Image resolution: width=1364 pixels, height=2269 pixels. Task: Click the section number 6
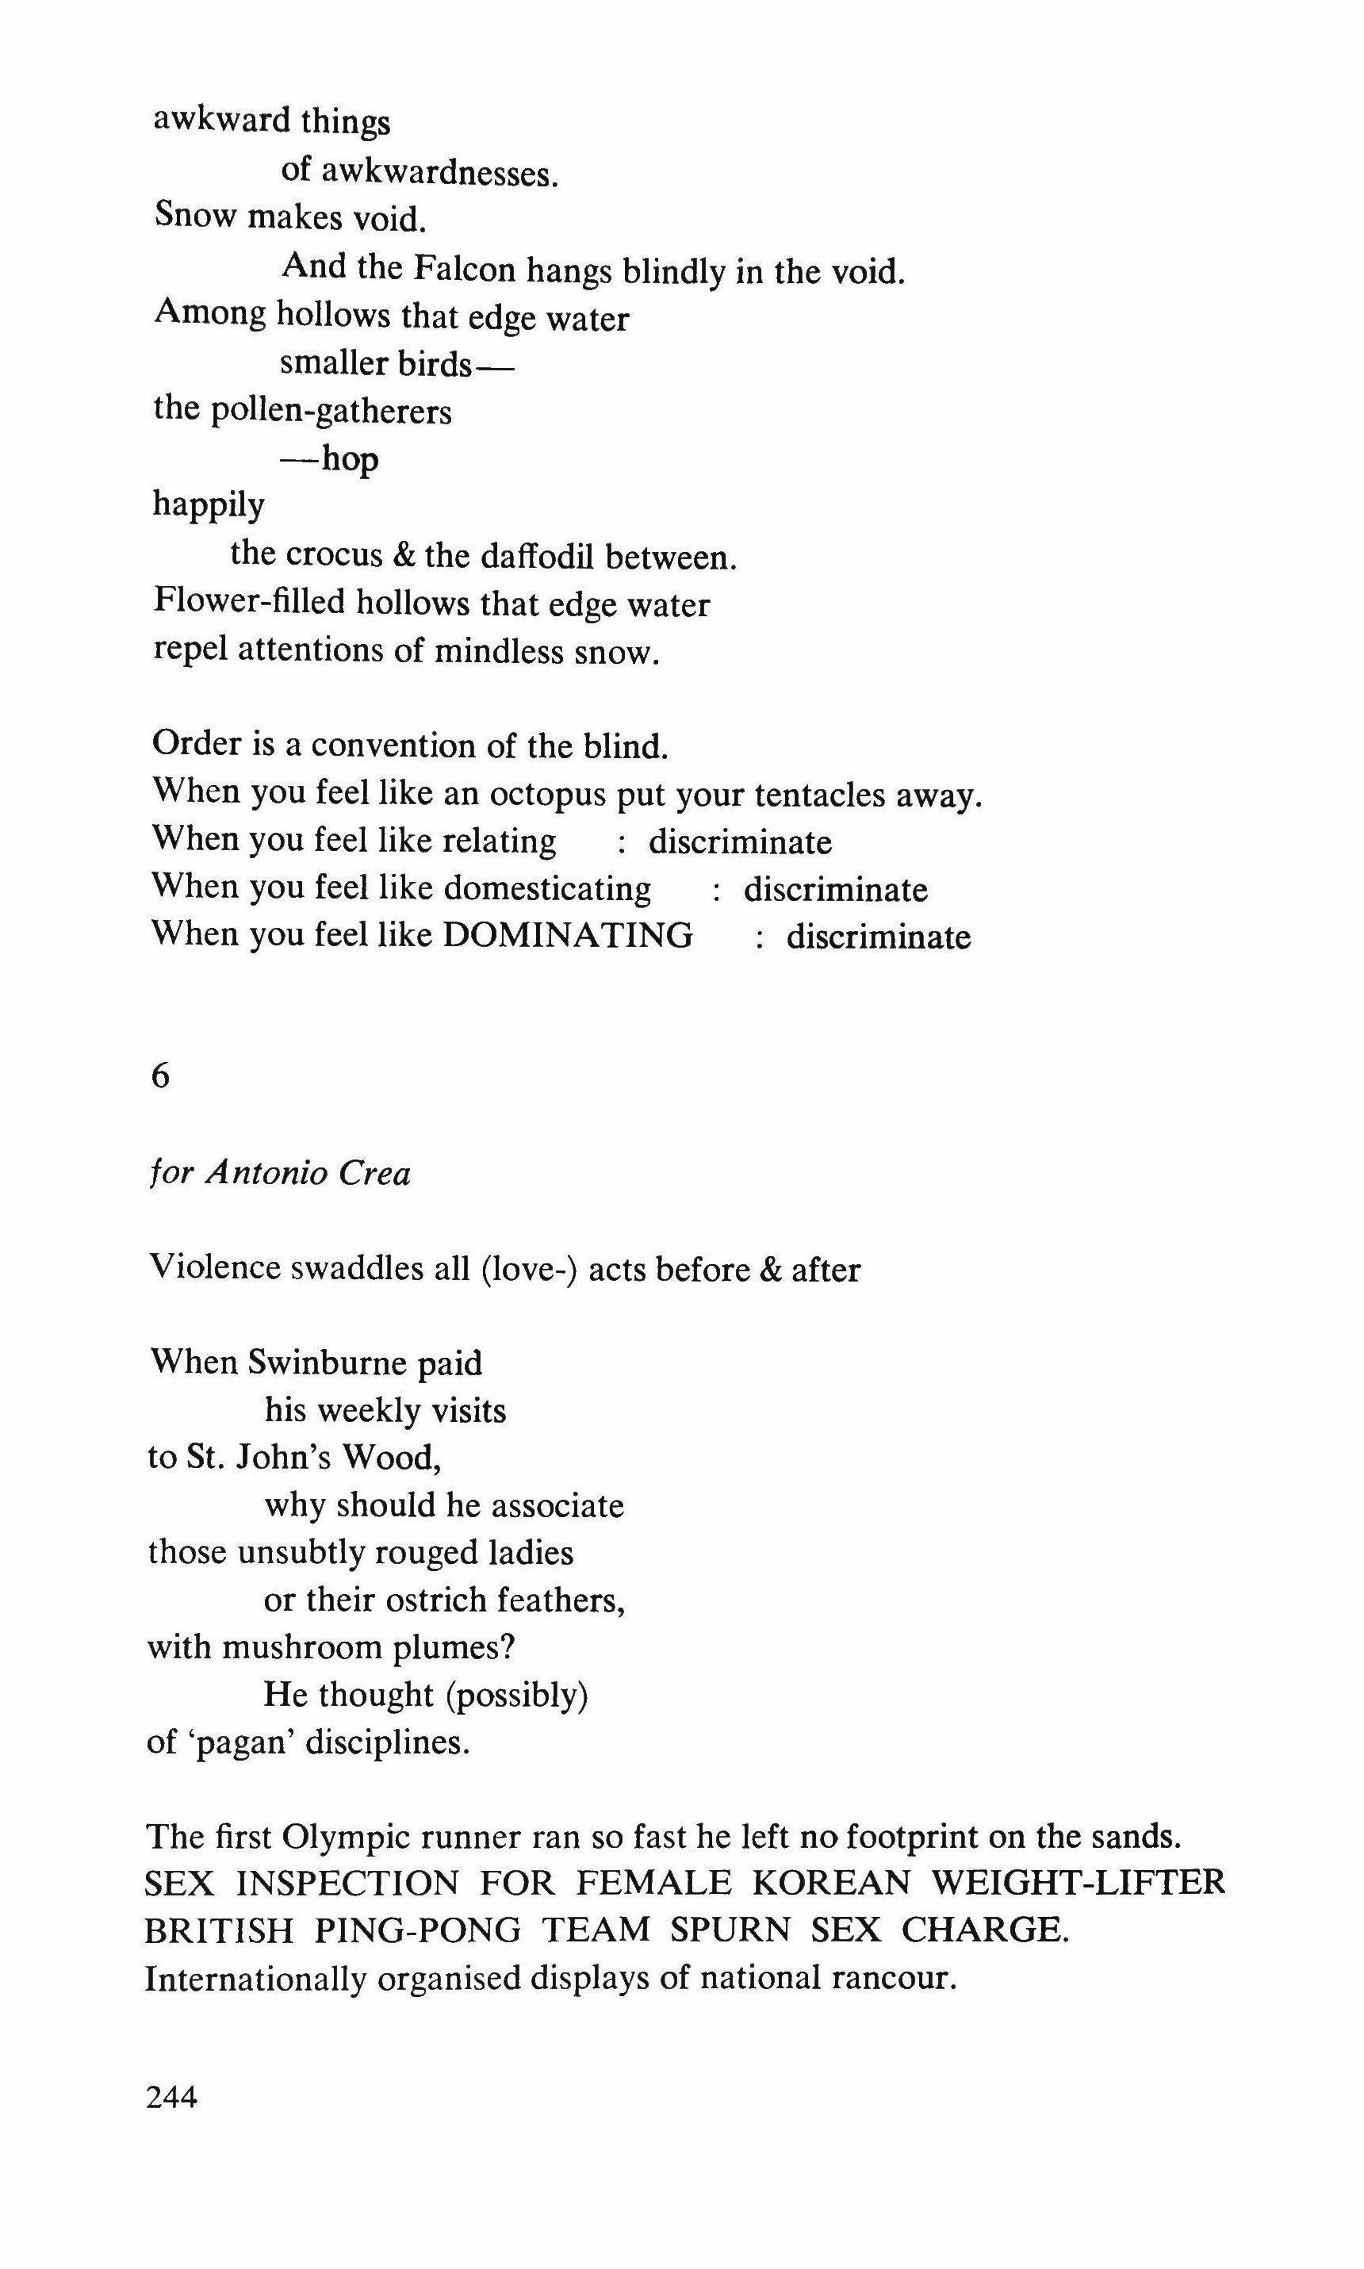tap(160, 1076)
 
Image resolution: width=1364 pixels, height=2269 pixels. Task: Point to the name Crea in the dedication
tap(374, 1174)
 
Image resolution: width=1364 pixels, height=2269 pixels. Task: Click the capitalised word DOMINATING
tap(568, 936)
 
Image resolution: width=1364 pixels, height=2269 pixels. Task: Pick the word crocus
tap(334, 554)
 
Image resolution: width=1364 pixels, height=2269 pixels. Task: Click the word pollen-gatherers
tap(331, 411)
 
